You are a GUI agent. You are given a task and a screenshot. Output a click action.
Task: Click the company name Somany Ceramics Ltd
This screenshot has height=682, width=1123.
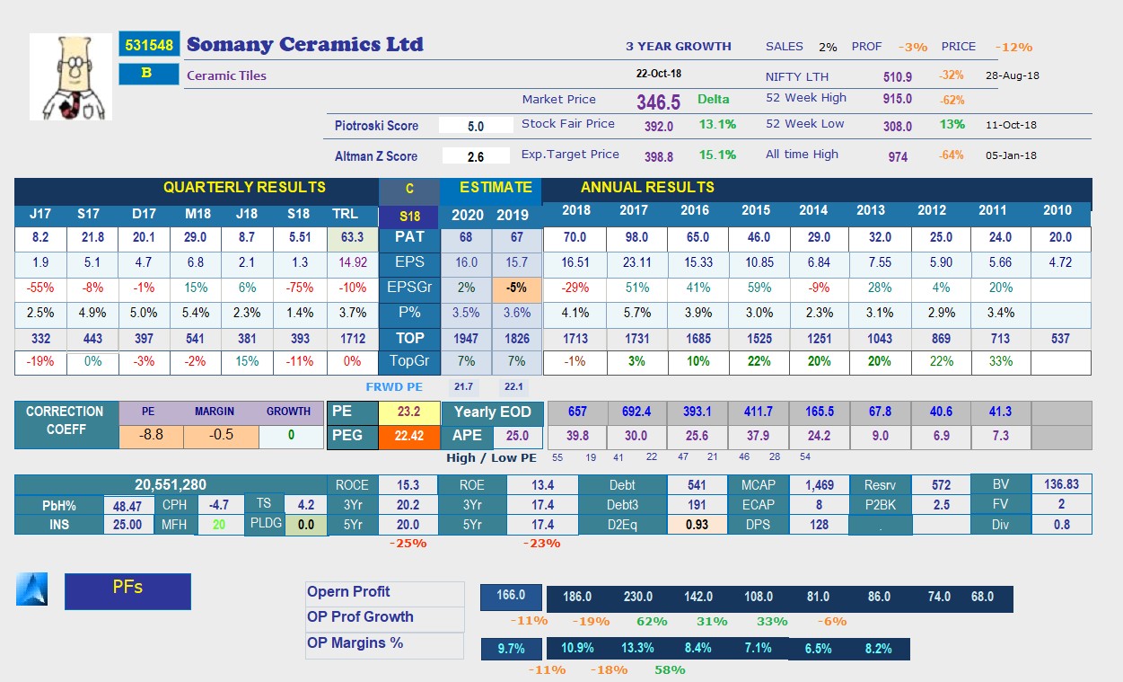pyautogui.click(x=304, y=45)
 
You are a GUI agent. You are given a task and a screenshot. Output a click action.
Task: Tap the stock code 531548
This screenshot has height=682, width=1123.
pyautogui.click(x=149, y=45)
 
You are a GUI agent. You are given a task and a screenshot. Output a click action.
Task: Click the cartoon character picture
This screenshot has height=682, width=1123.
pyautogui.click(x=71, y=77)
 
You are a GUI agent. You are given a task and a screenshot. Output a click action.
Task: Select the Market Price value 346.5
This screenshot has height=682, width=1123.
pyautogui.click(x=659, y=102)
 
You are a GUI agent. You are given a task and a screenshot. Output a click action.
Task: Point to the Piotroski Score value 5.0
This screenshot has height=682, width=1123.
pyautogui.click(x=476, y=127)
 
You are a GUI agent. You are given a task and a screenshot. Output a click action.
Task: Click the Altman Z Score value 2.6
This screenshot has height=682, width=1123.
pyautogui.click(x=476, y=156)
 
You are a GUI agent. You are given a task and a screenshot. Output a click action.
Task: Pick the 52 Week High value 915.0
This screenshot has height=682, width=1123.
pyautogui.click(x=897, y=100)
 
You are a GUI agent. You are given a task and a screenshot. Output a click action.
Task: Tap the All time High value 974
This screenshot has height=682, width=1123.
pyautogui.click(x=898, y=156)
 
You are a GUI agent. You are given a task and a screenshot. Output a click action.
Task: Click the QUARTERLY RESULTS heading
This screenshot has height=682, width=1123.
pyautogui.click(x=244, y=188)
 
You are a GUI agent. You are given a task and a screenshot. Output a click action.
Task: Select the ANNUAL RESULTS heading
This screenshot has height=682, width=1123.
pyautogui.click(x=647, y=188)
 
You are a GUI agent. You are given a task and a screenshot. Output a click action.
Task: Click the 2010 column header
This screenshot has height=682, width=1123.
pyautogui.click(x=1057, y=210)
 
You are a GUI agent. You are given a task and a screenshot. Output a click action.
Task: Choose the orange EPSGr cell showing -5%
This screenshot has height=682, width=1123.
pyautogui.click(x=517, y=288)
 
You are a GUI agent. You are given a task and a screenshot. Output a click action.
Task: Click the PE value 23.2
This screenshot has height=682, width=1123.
pyautogui.click(x=408, y=412)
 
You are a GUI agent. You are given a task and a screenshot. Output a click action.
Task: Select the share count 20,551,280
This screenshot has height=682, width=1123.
pyautogui.click(x=171, y=484)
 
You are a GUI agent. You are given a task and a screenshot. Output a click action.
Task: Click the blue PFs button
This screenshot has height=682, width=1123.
pyautogui.click(x=127, y=590)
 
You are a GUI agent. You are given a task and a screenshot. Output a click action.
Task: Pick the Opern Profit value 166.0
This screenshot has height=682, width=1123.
pyautogui.click(x=510, y=597)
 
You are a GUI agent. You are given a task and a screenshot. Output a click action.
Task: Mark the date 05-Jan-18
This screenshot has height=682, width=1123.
pyautogui.click(x=1012, y=155)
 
